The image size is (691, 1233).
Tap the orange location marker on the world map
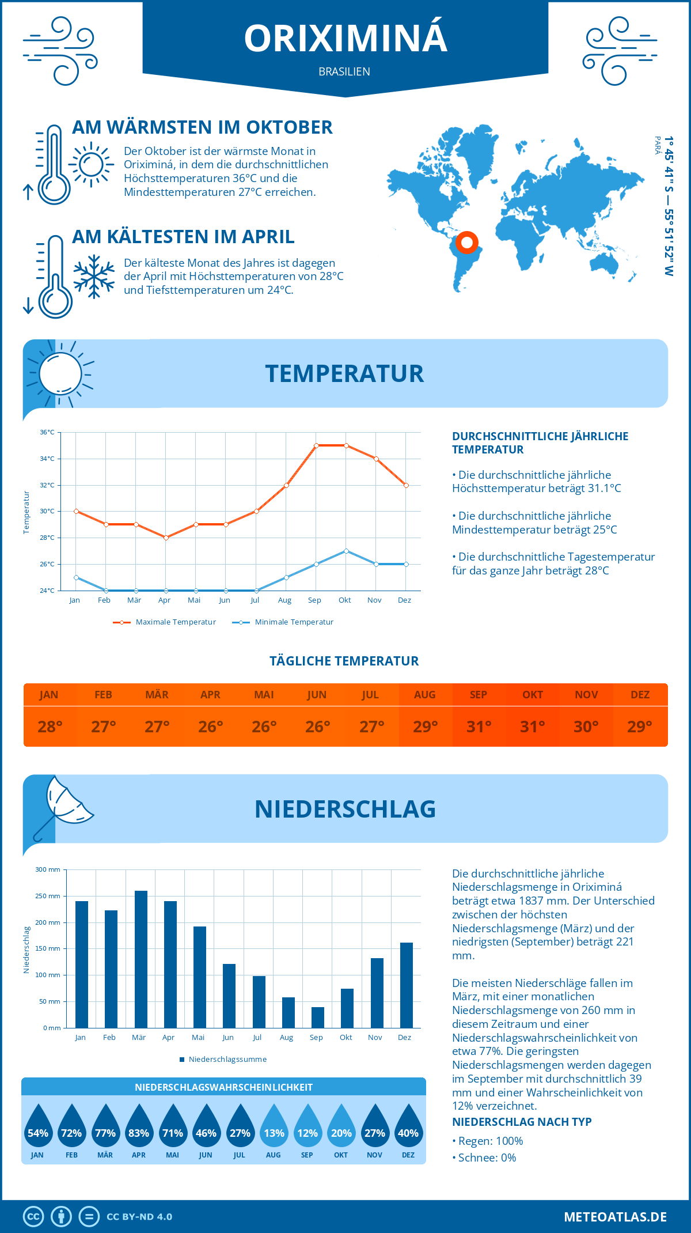(467, 243)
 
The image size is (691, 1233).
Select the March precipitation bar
(141, 959)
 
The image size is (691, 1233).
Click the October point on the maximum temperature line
(346, 445)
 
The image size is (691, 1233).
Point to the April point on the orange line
(166, 538)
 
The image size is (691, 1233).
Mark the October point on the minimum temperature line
(346, 551)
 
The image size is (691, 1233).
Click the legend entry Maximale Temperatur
(166, 622)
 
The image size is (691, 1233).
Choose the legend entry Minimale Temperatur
(284, 622)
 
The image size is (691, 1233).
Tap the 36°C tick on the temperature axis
(47, 432)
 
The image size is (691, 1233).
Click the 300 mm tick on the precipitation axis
(48, 869)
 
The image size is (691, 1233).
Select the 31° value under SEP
(479, 727)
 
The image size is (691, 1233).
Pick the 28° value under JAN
(50, 727)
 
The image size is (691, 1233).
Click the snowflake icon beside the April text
(94, 277)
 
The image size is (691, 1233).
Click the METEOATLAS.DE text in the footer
(615, 1217)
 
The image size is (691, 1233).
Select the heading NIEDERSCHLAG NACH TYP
(522, 1122)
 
